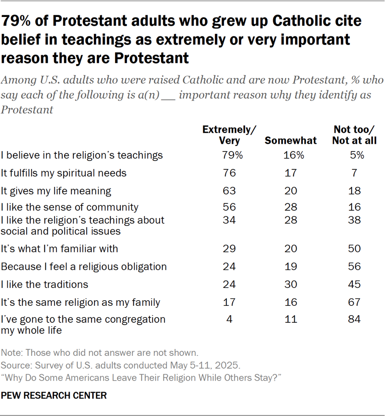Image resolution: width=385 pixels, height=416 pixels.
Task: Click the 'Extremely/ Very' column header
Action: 230,135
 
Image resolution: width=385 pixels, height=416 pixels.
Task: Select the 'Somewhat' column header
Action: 291,141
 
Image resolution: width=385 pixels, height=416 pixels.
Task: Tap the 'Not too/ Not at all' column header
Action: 354,135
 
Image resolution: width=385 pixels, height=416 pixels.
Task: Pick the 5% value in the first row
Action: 355,155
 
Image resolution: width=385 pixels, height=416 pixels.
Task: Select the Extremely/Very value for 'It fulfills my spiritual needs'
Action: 230,173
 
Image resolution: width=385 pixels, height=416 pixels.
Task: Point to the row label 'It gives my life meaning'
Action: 57,191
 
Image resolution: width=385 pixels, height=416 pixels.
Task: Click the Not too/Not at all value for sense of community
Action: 355,208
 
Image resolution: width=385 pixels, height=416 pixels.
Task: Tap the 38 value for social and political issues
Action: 355,220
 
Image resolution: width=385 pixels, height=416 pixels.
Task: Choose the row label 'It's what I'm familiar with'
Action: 60,249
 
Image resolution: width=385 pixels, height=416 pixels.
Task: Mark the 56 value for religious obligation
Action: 355,267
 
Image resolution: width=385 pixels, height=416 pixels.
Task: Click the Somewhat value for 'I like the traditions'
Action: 291,285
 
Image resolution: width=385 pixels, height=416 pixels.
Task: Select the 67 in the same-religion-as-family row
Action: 355,303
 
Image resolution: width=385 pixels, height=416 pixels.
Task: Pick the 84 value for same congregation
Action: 355,319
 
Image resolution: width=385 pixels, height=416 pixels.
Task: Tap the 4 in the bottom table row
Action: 230,319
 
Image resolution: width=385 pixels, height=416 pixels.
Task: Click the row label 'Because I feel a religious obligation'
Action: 84,267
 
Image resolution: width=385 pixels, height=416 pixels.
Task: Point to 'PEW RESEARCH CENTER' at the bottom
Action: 54,395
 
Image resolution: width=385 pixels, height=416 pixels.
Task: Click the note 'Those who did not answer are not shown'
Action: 99,353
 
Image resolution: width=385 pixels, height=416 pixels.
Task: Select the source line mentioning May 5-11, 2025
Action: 121,365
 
